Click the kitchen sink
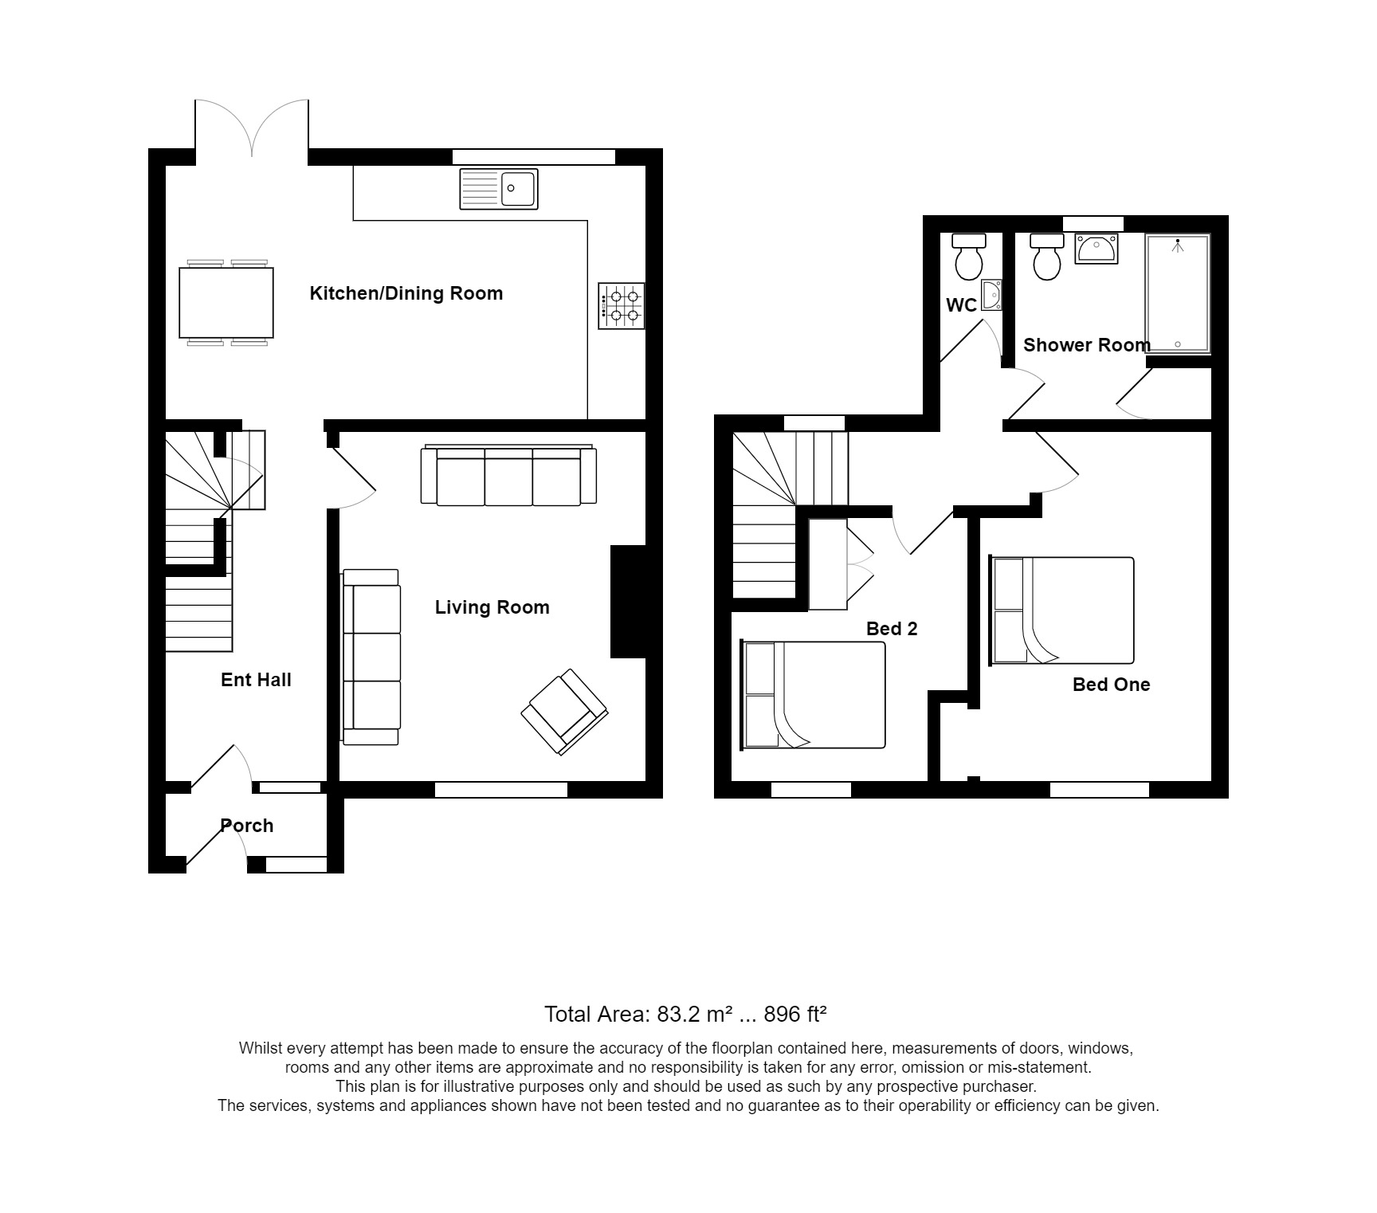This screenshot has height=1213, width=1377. (x=499, y=189)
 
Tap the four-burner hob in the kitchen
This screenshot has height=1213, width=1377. (x=622, y=306)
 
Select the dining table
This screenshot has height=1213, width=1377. (x=226, y=303)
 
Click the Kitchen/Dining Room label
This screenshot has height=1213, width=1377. (x=406, y=293)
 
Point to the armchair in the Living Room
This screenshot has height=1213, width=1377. (x=564, y=712)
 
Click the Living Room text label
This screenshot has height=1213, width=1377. (x=492, y=607)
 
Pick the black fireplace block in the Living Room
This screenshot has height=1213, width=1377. (x=628, y=601)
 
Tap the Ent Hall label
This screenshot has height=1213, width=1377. (x=256, y=680)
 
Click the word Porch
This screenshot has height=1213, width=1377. (x=246, y=826)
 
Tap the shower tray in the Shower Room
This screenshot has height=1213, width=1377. (x=1177, y=293)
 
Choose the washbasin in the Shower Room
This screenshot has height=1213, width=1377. (x=1096, y=248)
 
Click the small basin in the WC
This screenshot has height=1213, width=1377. (x=991, y=294)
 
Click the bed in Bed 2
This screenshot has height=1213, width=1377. (x=814, y=695)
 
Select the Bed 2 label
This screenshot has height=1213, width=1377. (x=892, y=629)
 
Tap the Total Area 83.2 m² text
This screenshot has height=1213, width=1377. (x=685, y=1015)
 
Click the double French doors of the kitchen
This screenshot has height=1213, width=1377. (x=252, y=128)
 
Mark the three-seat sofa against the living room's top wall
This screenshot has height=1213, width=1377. (x=508, y=476)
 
